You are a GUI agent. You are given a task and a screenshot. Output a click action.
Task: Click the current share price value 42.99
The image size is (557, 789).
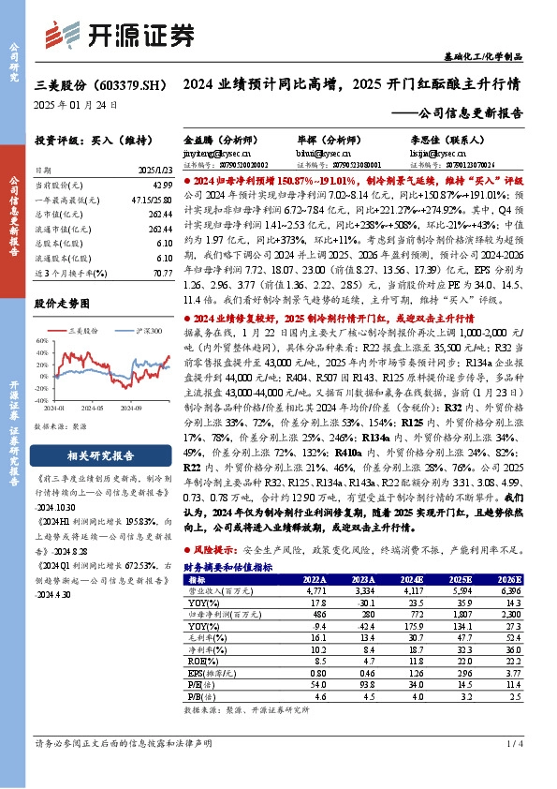click(160, 188)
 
